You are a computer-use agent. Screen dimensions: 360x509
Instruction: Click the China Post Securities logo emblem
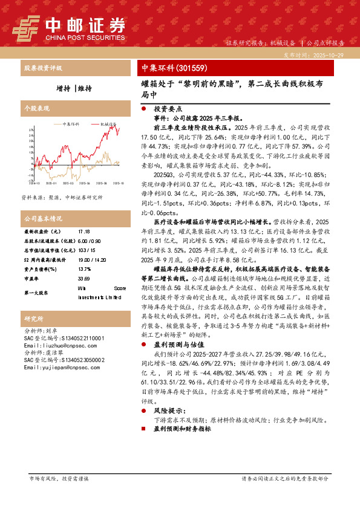[25, 27]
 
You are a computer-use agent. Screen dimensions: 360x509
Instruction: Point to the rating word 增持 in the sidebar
[62, 88]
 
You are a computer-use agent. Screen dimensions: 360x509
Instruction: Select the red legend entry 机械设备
[108, 123]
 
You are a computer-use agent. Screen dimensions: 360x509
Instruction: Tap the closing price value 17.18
[84, 232]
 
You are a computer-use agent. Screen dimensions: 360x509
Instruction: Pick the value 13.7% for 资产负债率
[85, 269]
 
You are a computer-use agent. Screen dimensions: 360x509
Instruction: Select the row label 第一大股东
[36, 293]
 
